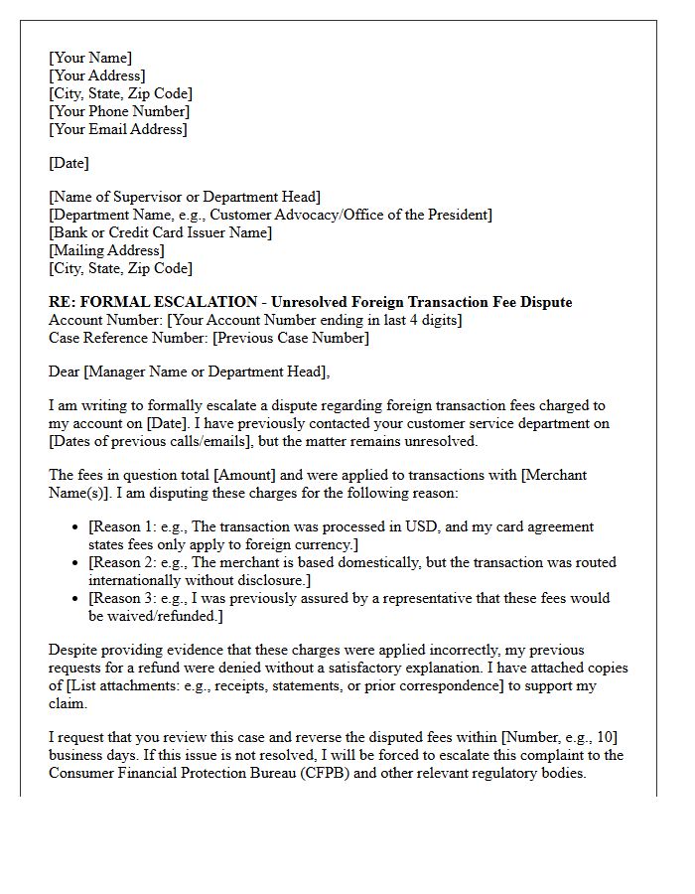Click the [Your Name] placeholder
[x=90, y=58]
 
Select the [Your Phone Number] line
[x=119, y=111]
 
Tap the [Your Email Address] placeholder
[x=117, y=129]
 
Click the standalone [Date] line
[x=69, y=163]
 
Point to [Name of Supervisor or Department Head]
[x=185, y=197]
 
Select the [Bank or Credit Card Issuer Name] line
[x=160, y=232]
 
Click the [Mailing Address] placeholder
[x=106, y=250]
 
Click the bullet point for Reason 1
[x=75, y=527]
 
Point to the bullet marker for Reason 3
[x=75, y=599]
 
